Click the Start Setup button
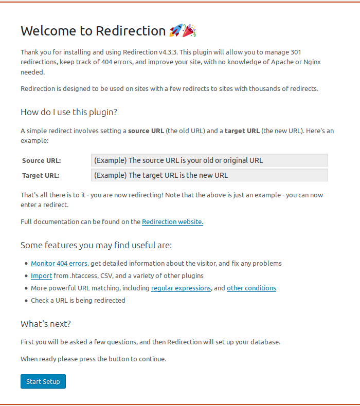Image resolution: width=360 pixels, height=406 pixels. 43,381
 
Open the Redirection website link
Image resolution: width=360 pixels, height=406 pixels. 172,222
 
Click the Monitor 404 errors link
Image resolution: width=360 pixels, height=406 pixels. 59,263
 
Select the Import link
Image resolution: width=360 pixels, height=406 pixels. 41,275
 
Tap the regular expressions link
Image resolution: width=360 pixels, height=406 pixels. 181,288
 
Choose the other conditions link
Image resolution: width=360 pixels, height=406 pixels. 251,288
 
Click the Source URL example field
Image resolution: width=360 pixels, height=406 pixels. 209,160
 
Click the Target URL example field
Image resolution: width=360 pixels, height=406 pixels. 209,175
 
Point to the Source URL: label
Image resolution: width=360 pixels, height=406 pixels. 42,161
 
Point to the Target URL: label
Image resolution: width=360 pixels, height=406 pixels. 41,175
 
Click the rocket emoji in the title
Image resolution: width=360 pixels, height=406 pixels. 175,31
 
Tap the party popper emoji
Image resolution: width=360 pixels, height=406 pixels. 190,31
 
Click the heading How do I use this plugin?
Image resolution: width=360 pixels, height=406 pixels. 69,112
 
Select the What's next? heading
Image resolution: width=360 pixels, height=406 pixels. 46,324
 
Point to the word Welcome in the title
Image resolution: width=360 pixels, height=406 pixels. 49,31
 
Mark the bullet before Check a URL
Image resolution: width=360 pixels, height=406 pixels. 26,300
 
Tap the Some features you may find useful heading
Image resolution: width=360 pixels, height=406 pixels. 96,245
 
